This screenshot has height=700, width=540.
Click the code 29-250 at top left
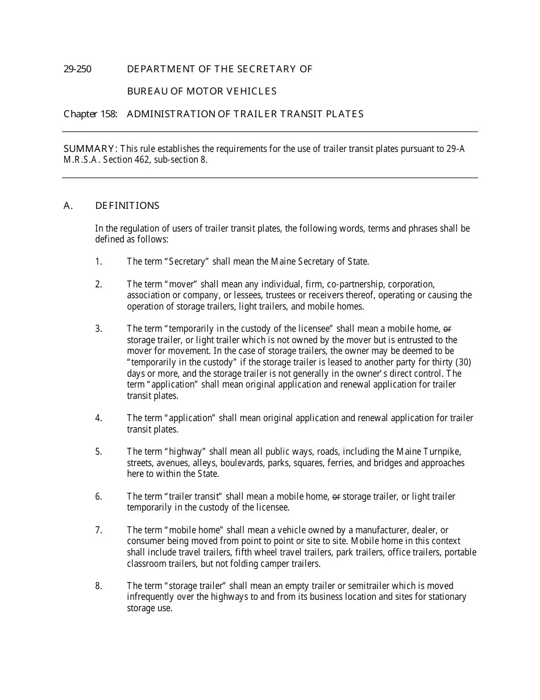tap(77, 69)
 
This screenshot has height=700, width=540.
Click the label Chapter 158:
tap(90, 114)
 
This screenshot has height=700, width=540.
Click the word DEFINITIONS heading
tap(127, 205)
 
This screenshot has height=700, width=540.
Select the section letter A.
tap(68, 205)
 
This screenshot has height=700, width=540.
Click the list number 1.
tap(98, 262)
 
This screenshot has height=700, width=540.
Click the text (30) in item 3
tap(463, 363)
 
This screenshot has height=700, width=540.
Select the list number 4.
tap(98, 418)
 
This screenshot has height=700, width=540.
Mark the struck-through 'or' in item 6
tap(336, 497)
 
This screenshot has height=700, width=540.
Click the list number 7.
tap(98, 530)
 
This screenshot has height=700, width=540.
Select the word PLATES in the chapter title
tap(345, 114)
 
